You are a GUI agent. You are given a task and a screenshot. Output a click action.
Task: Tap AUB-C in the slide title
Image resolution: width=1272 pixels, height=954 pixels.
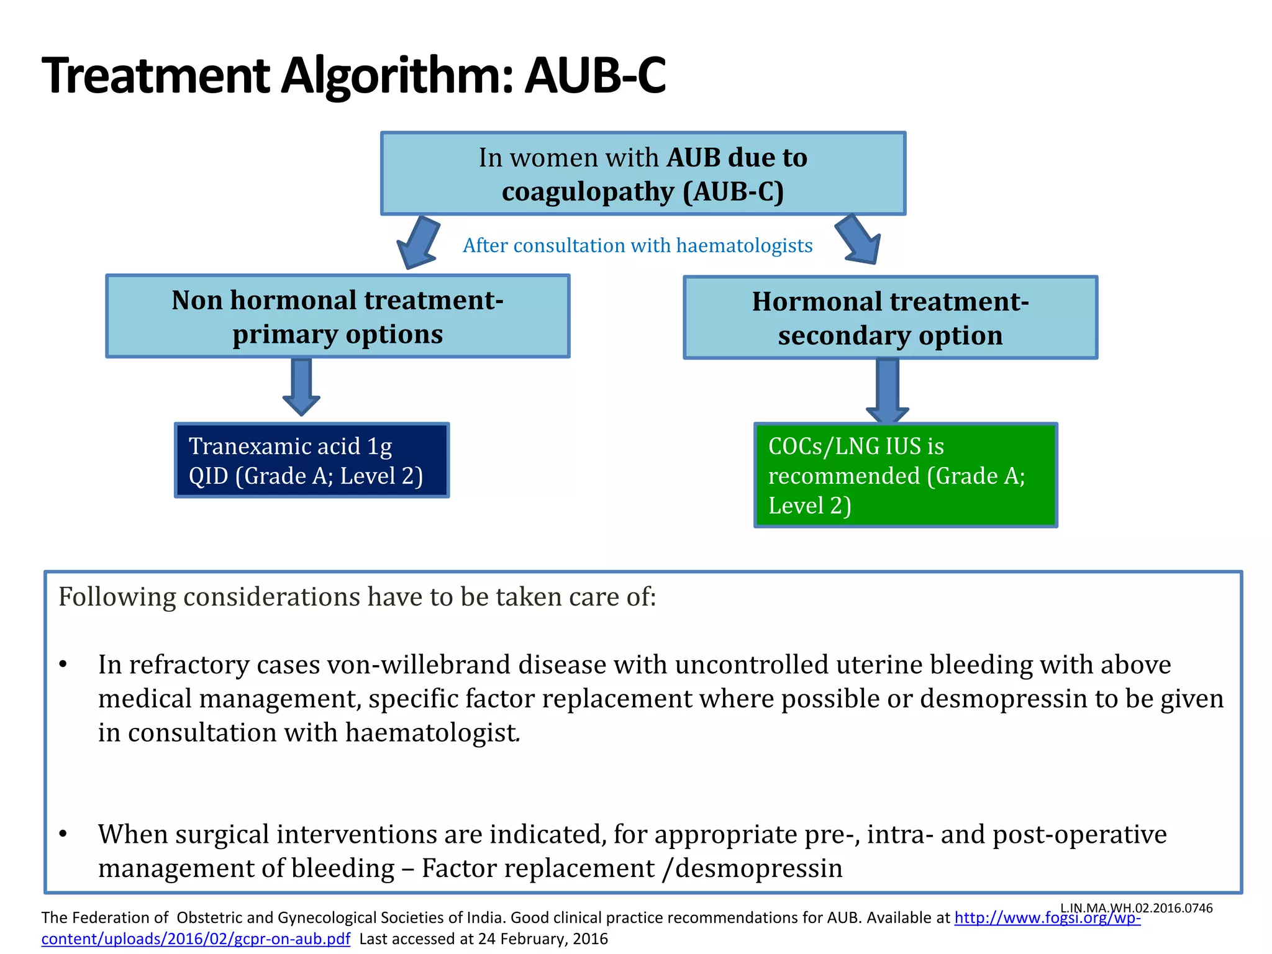pyautogui.click(x=595, y=76)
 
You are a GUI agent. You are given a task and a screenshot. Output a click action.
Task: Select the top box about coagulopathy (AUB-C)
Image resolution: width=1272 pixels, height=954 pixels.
pyautogui.click(x=643, y=174)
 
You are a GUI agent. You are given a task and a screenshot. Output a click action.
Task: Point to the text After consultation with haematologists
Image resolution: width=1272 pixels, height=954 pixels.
pyautogui.click(x=637, y=246)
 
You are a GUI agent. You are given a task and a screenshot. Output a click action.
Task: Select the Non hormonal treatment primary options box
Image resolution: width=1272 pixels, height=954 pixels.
pyautogui.click(x=337, y=317)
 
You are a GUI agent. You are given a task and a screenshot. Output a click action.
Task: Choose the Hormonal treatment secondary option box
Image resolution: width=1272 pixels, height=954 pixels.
pyautogui.click(x=890, y=318)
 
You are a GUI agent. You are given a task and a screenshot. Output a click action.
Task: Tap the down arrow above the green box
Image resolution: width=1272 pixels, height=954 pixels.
pyautogui.click(x=888, y=390)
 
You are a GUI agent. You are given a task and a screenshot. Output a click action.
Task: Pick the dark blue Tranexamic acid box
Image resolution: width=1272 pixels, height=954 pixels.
pyautogui.click(x=312, y=461)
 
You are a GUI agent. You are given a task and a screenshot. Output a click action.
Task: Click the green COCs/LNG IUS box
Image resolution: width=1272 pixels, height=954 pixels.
pyautogui.click(x=906, y=476)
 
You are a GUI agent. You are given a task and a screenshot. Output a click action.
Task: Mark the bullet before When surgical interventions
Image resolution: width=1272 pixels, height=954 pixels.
pyautogui.click(x=63, y=834)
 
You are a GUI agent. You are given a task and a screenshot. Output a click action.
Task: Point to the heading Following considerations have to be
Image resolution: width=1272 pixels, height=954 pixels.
pyautogui.click(x=357, y=597)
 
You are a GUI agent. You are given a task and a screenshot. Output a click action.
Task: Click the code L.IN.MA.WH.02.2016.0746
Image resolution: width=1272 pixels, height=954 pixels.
pyautogui.click(x=1136, y=908)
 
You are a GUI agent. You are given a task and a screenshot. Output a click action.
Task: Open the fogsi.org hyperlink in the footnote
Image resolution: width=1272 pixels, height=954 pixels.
pyautogui.click(x=1047, y=918)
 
